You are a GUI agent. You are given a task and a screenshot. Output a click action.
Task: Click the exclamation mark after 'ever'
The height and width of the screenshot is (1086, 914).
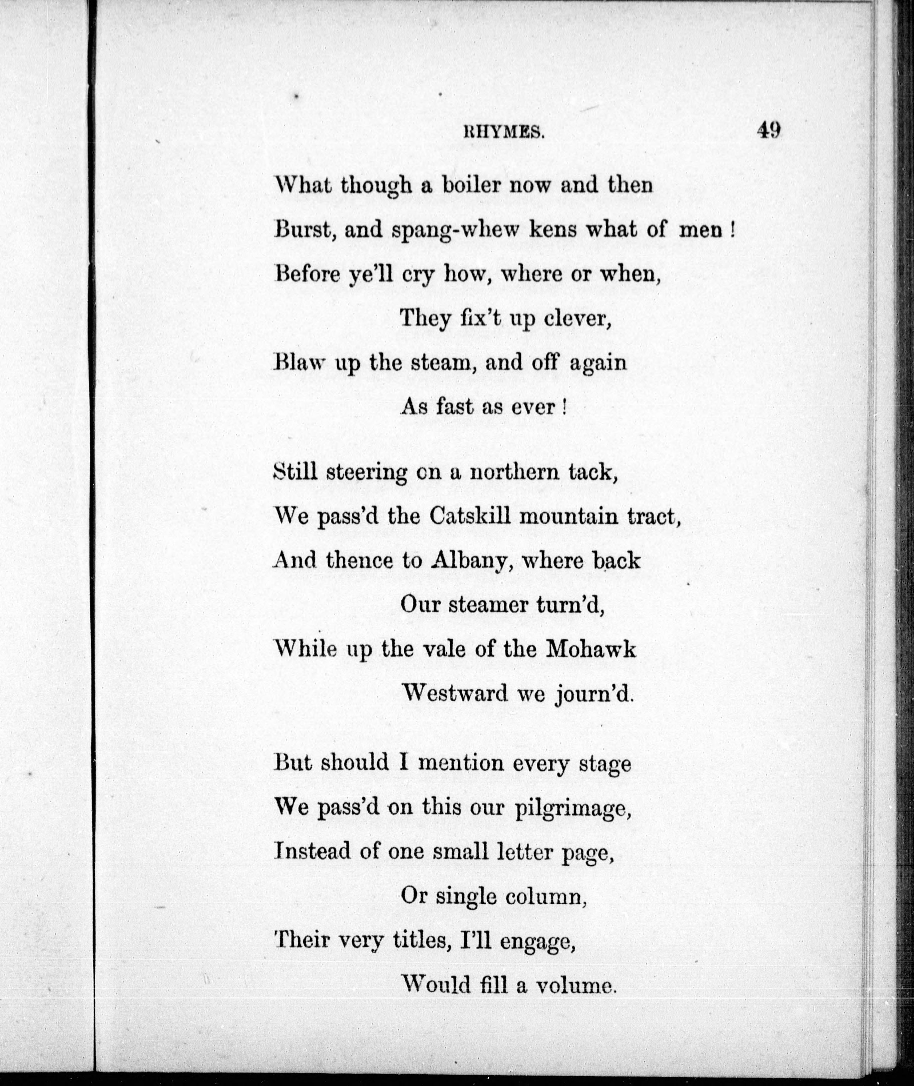pos(563,407)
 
